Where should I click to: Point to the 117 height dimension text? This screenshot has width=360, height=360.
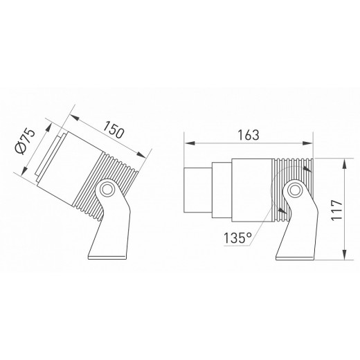coord(335,208)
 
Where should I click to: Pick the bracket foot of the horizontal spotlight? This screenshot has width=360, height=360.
coord(294,242)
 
